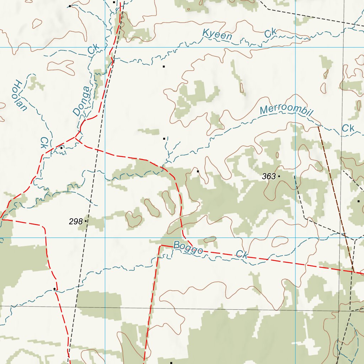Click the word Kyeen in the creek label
pos(217,35)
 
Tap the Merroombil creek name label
pos(286,111)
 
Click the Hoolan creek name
pos(20,96)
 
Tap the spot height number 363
pos(269,176)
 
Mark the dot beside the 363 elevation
pos(279,176)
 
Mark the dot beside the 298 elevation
pos(86,221)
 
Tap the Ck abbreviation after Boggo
pos(242,255)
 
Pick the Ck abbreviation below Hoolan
pos(44,143)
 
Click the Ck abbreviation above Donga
pos(92,50)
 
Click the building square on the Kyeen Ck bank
pos(164,66)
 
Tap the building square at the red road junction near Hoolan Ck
pos(61,148)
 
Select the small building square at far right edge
pos(358,201)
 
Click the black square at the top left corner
pos(70,6)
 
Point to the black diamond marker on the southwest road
pos(54,289)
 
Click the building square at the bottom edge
pos(171,363)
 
